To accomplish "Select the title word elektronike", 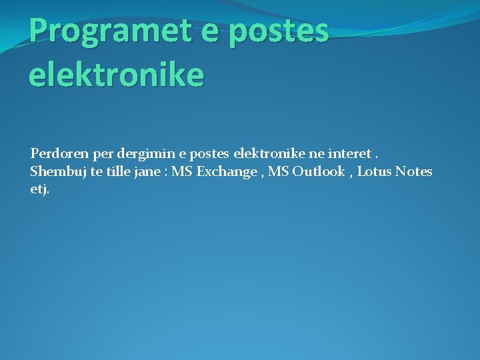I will click(x=116, y=75).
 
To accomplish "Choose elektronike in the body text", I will click(x=268, y=153).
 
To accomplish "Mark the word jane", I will click(x=149, y=172).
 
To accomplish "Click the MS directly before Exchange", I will click(x=182, y=171).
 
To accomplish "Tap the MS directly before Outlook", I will click(x=279, y=171).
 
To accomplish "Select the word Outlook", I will click(x=319, y=171).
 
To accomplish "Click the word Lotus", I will click(x=375, y=171).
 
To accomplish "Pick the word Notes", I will click(x=413, y=171).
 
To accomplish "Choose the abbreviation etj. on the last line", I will click(x=39, y=189).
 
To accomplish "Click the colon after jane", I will click(x=165, y=173).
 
